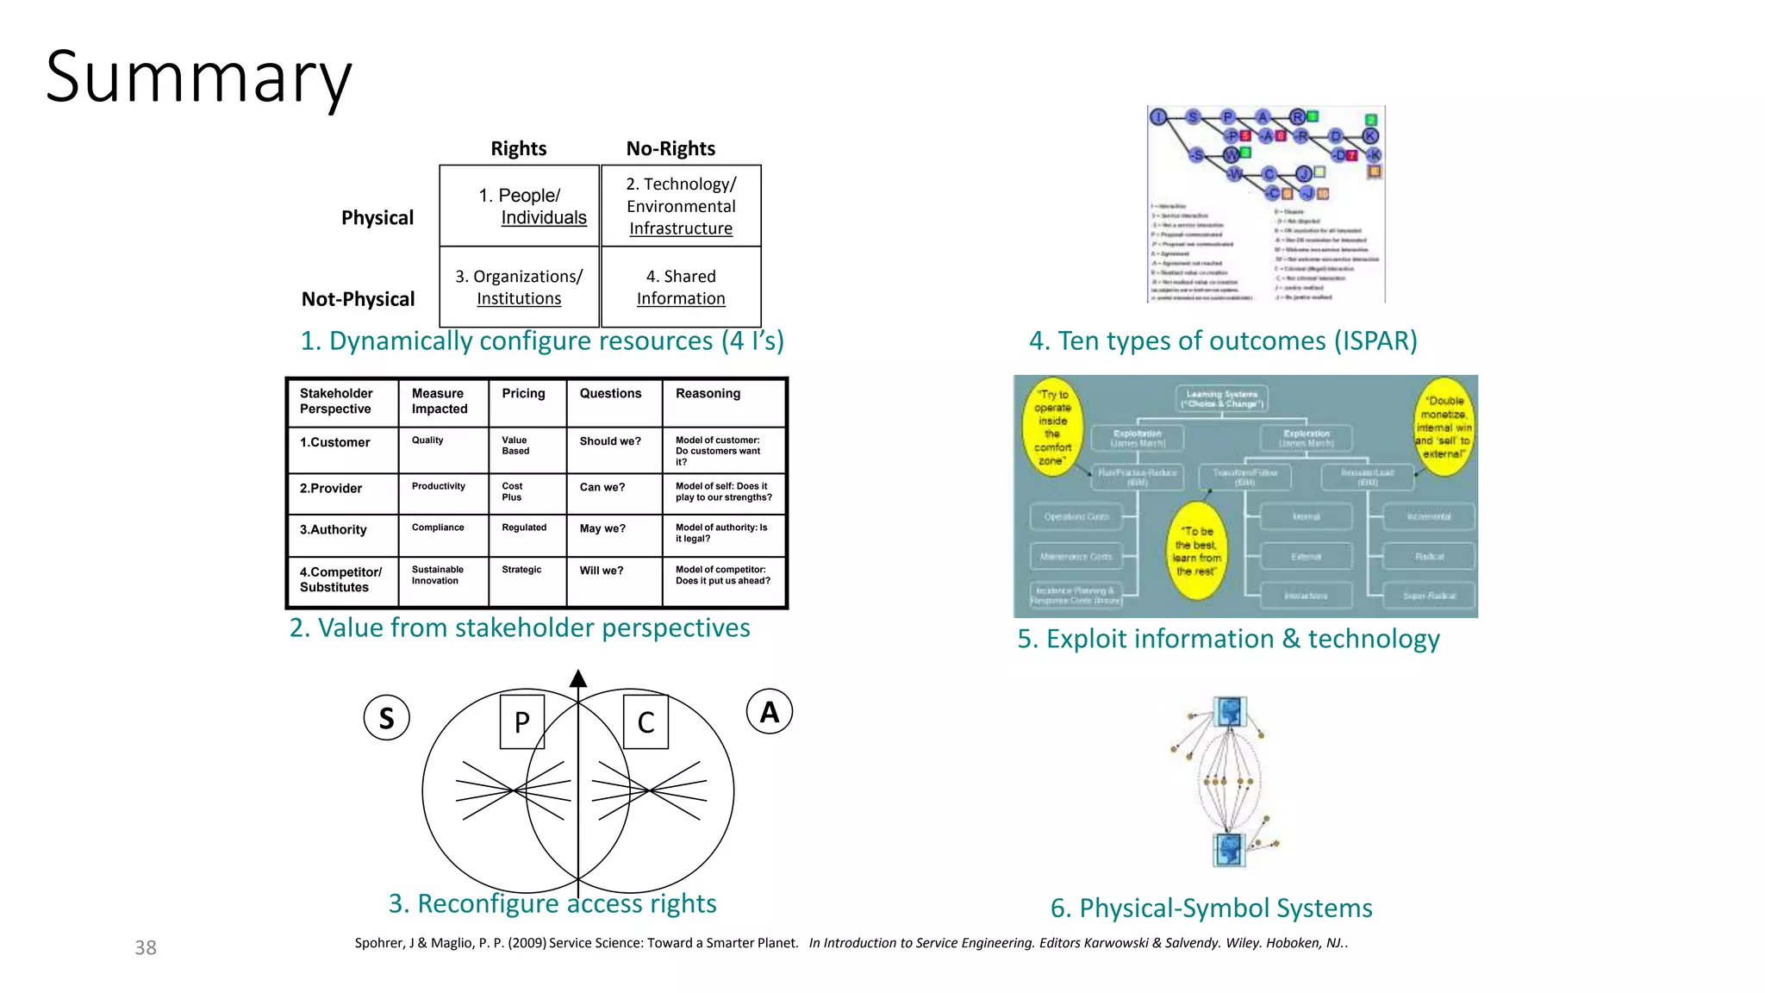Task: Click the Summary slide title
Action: (x=198, y=78)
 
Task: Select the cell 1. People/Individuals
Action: (x=520, y=206)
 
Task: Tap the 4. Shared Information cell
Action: (x=681, y=287)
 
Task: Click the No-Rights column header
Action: (x=670, y=148)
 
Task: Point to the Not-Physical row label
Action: (x=358, y=299)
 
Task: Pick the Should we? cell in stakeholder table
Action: (x=610, y=441)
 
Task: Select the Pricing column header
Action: (x=523, y=393)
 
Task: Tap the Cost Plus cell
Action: (x=513, y=491)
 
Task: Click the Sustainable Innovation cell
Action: (x=438, y=575)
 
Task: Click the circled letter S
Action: (x=387, y=718)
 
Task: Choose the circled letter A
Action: (x=769, y=712)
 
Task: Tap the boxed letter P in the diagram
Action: (x=522, y=721)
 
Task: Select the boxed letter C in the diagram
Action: (x=646, y=721)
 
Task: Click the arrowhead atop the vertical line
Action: (x=578, y=679)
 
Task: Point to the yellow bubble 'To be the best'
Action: (x=1196, y=551)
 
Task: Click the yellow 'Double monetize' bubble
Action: (x=1444, y=427)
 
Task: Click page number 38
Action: (x=146, y=947)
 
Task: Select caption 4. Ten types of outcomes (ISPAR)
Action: (x=1223, y=340)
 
